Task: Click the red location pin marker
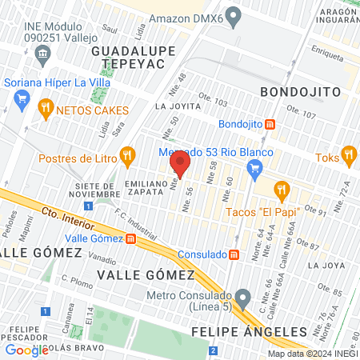click(180, 166)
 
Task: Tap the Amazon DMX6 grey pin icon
click(234, 15)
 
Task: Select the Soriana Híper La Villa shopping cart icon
click(22, 100)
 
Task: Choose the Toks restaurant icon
click(347, 154)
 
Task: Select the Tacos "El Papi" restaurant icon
click(280, 190)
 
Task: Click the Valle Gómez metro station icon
click(130, 238)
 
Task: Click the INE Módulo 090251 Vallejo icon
click(43, 54)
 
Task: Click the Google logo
click(26, 350)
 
